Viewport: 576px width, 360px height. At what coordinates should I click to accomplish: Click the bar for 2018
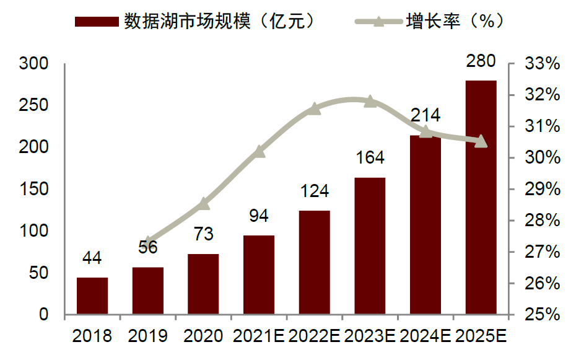tap(92, 296)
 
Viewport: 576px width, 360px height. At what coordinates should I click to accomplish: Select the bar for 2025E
tap(481, 198)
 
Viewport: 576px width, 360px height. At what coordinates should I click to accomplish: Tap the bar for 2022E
tap(315, 263)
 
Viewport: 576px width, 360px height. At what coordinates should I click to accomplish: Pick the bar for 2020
tap(203, 284)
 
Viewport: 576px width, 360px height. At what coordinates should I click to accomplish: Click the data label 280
tap(481, 61)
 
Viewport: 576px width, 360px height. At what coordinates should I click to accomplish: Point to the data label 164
tap(370, 157)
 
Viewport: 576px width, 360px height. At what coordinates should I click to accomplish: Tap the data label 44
tap(92, 258)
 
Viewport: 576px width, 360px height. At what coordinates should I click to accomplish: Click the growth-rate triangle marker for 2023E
tap(370, 101)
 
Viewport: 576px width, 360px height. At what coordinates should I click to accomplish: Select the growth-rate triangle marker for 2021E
tap(259, 151)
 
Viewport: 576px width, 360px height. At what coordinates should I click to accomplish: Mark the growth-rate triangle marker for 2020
tap(203, 203)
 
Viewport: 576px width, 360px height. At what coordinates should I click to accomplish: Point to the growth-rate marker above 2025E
tap(481, 142)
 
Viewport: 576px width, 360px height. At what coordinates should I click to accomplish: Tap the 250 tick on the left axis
tap(34, 105)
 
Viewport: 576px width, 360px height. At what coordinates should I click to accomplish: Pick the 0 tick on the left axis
tap(43, 315)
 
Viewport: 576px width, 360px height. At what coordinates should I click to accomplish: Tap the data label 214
tap(425, 115)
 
